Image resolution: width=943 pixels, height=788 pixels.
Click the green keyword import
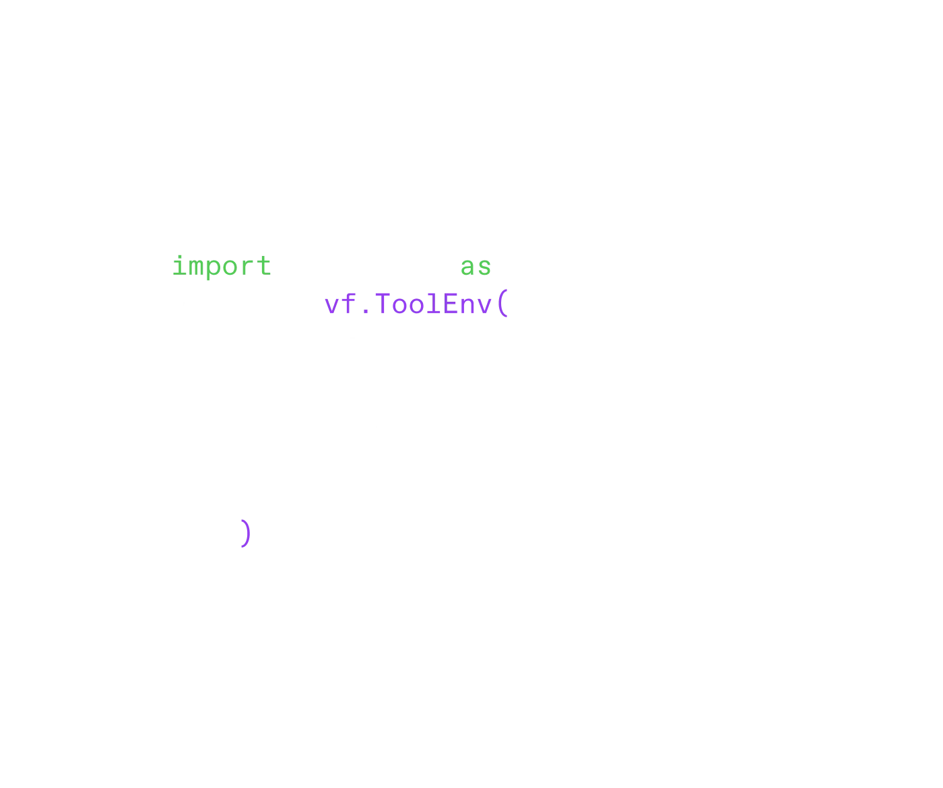pos(223,265)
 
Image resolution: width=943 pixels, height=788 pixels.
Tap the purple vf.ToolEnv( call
pos(417,305)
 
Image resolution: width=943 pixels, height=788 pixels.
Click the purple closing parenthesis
pos(246,533)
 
